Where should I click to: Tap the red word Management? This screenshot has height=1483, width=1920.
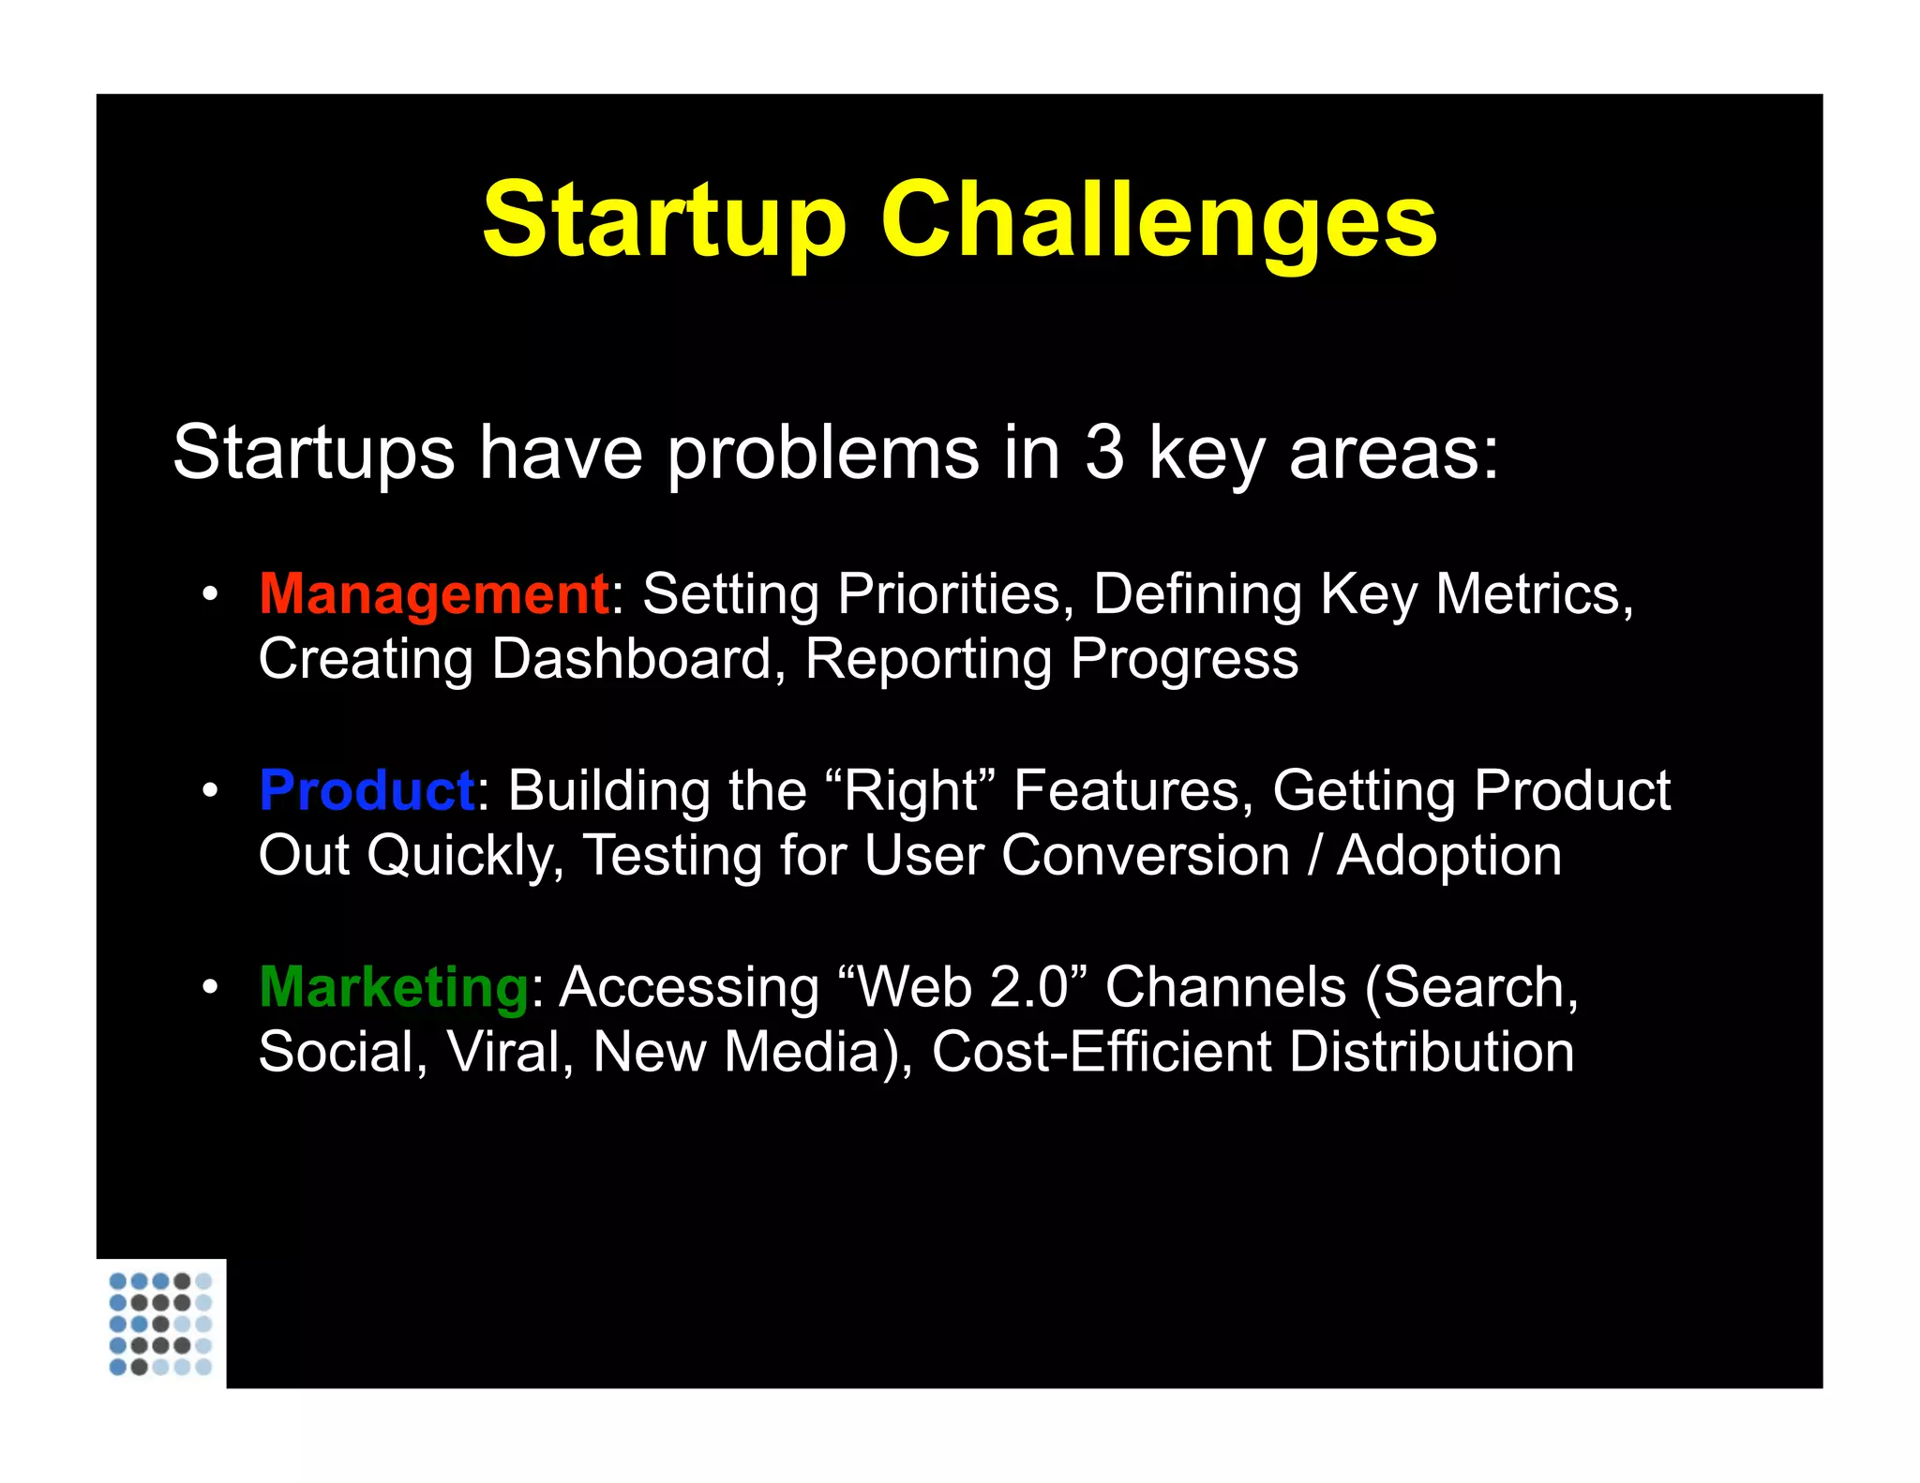[x=434, y=594]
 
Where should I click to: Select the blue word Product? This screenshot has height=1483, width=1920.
[x=367, y=790]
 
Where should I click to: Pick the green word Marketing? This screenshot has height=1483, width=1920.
[x=395, y=987]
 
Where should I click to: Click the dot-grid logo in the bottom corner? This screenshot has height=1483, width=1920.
[x=160, y=1324]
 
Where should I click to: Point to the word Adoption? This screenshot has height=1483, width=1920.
[x=1448, y=856]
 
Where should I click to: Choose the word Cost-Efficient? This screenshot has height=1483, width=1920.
[x=1102, y=1052]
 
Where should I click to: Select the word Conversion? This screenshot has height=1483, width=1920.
[x=1145, y=856]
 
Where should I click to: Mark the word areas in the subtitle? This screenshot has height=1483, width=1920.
[x=1393, y=453]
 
